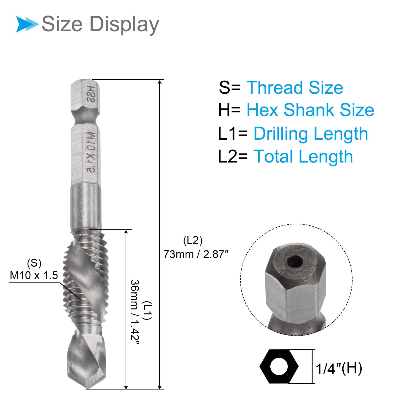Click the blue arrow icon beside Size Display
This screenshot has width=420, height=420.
[27, 24]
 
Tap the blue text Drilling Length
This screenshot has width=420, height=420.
[311, 134]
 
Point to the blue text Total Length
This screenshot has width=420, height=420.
[303, 156]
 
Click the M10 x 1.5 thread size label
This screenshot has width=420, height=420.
[34, 275]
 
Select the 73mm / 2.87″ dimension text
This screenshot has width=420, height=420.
[196, 254]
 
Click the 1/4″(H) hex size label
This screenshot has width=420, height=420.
[339, 368]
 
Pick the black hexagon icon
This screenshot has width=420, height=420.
[279, 366]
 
